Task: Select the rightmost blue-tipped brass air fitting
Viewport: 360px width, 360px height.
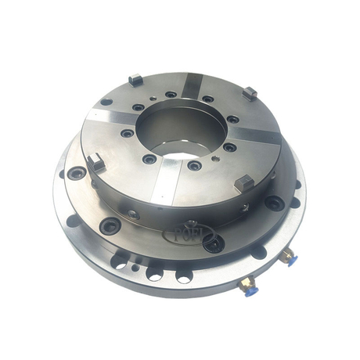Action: (290, 255)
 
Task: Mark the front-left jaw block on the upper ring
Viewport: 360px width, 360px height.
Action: (95, 163)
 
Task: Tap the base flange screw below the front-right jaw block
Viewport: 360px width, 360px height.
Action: (273, 203)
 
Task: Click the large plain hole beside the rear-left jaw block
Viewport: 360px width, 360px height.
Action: (106, 102)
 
